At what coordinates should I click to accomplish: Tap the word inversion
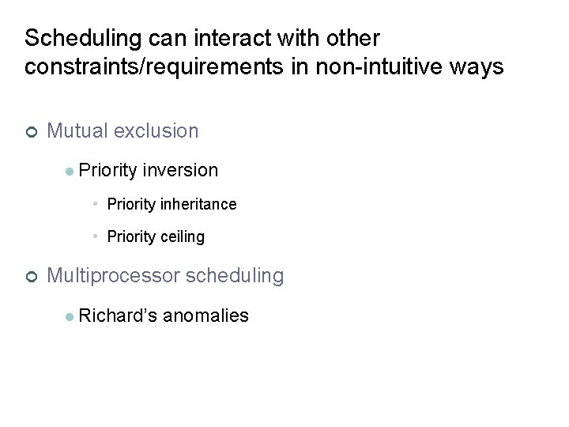(180, 170)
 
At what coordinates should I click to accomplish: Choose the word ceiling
(183, 236)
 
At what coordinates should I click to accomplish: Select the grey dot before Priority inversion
(70, 171)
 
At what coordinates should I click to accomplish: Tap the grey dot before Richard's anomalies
(70, 316)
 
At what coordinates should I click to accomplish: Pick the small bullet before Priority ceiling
(94, 236)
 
